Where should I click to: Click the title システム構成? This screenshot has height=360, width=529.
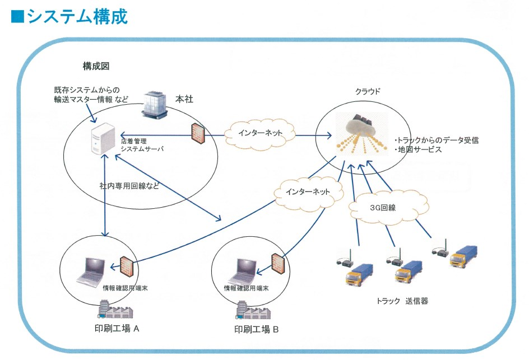pos(69,17)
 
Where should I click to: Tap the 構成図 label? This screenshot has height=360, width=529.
pos(96,66)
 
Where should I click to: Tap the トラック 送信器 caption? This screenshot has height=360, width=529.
pos(403,301)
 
